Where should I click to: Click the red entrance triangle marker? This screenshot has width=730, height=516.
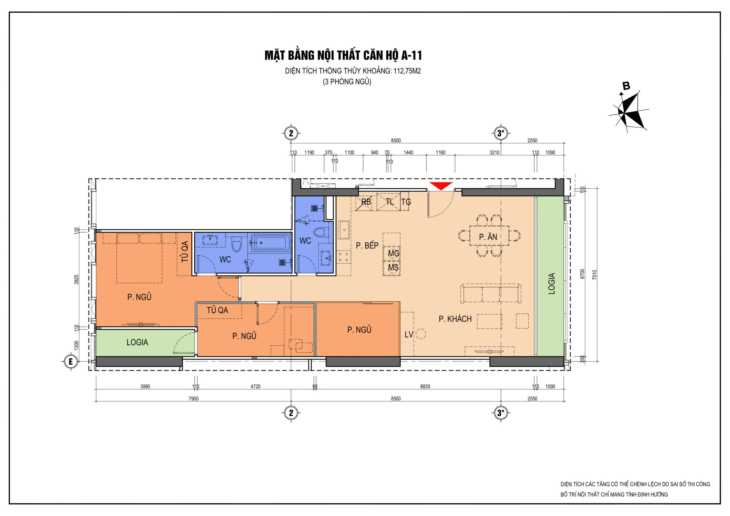(441, 186)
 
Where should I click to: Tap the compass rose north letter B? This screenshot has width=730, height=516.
(626, 86)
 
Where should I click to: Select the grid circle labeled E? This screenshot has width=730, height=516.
(71, 361)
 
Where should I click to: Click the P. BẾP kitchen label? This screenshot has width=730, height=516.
(367, 245)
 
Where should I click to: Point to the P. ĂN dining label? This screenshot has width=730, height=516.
(488, 237)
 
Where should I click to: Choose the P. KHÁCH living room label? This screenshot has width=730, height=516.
(455, 319)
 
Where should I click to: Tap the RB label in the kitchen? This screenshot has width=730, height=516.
(366, 202)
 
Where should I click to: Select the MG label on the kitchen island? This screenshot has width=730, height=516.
(394, 253)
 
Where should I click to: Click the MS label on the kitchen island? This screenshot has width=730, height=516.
(393, 268)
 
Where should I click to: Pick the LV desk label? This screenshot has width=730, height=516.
(409, 334)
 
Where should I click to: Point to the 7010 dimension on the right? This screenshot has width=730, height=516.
(594, 275)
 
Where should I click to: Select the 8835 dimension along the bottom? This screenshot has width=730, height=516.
(425, 386)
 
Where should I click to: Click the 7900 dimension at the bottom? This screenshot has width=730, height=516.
(193, 398)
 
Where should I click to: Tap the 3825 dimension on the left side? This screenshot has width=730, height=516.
(76, 279)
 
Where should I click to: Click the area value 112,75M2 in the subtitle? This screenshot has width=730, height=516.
(407, 71)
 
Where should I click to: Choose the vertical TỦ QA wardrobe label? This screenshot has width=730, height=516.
(185, 251)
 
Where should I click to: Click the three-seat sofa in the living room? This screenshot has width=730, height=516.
(491, 293)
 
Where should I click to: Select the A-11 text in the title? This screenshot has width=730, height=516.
(411, 55)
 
